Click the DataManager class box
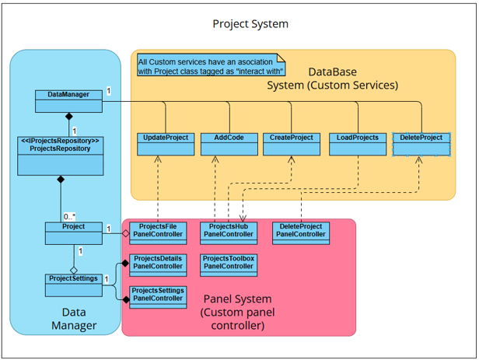coord(68,101)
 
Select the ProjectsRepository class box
coord(61,156)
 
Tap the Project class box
coord(74,233)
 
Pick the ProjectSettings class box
coord(74,285)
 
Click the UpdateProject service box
coord(166,144)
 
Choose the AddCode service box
coord(229,144)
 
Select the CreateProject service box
coord(292,144)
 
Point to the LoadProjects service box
coord(358,144)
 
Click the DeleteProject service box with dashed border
coord(421,145)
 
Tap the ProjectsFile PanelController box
coord(158,233)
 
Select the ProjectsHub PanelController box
coord(229,233)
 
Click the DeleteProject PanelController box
coord(301,233)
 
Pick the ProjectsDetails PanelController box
coord(158,265)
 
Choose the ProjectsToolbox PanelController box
coord(229,265)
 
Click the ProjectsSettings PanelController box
coord(158,297)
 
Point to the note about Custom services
coord(211,65)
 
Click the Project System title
coord(250,24)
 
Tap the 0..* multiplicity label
coord(69,217)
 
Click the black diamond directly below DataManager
coord(69,116)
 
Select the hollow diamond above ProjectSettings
coord(74,271)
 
